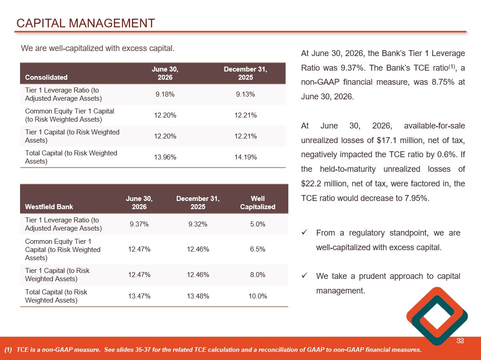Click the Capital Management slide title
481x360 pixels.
point(86,23)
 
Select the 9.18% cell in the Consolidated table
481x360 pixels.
point(165,94)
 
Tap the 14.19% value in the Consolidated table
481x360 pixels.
point(246,157)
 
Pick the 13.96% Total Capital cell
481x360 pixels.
point(165,157)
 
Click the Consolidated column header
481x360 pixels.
point(46,77)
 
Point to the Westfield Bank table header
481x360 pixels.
point(49,207)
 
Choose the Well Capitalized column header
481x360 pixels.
point(258,203)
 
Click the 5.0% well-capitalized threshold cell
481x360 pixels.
point(258,224)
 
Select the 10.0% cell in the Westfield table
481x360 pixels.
point(258,296)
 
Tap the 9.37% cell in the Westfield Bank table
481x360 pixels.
point(139,224)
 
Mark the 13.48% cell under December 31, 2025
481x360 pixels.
point(198,296)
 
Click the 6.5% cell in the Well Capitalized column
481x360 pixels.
point(258,249)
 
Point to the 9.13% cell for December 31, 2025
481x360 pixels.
point(246,94)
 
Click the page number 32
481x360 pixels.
point(460,341)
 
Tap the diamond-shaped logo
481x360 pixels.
point(437,316)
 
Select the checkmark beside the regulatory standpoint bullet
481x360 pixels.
point(304,233)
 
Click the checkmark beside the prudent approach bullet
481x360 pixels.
point(304,276)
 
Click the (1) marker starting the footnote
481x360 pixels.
point(8,350)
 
